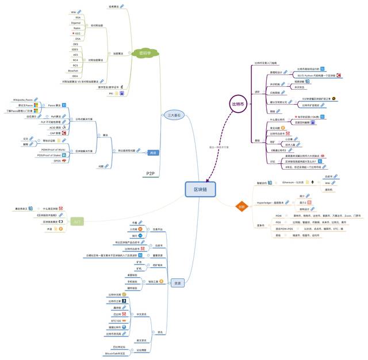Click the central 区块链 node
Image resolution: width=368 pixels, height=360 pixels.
200,189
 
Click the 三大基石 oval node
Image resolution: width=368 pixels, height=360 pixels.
175,115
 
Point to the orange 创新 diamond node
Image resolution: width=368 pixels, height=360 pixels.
241,206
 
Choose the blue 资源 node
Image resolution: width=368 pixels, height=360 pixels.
178,283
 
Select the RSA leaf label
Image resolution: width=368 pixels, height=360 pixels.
78,17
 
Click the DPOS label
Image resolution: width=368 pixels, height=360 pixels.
57,160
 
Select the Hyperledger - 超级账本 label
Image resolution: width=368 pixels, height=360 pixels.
272,203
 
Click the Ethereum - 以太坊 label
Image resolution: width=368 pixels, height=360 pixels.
292,182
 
